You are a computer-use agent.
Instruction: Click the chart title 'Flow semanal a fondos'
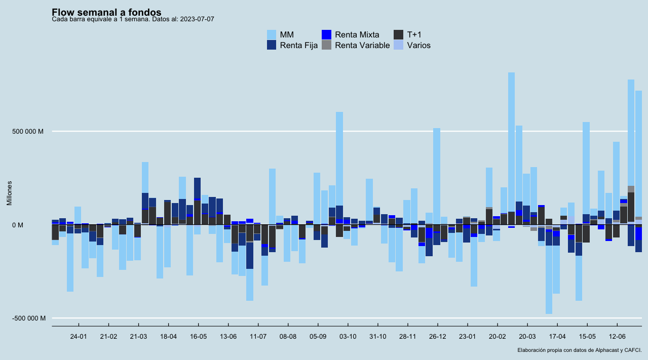tap(106, 12)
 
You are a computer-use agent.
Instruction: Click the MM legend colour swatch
tap(272, 34)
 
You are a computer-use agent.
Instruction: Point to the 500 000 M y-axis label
tap(28, 132)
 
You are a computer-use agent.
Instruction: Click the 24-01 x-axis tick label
tap(79, 336)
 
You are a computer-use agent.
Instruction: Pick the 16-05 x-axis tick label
tap(198, 336)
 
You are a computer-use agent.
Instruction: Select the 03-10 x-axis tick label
tap(348, 336)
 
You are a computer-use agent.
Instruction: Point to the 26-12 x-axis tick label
tap(437, 336)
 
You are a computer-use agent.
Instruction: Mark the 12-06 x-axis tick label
tap(617, 336)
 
